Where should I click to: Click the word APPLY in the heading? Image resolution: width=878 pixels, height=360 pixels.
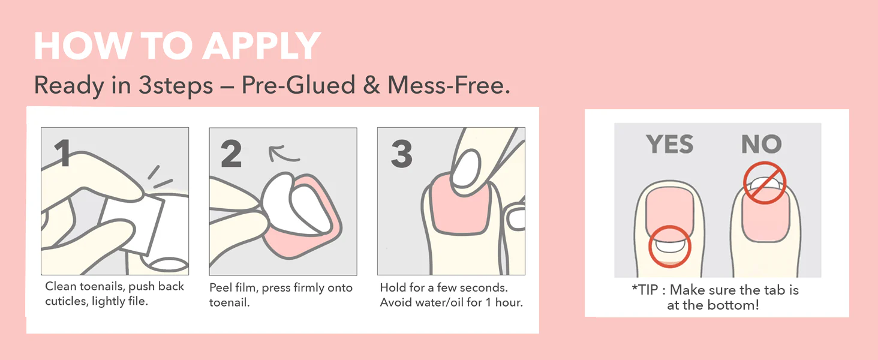click(262, 46)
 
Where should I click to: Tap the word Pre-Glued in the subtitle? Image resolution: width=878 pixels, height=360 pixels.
click(298, 85)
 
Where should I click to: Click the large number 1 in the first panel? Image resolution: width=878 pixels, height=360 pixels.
click(63, 153)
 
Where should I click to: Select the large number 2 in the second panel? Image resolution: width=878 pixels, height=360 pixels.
click(231, 154)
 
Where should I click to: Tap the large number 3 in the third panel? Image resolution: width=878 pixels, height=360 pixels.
click(402, 154)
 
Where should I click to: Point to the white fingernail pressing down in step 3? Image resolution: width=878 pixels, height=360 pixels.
click(466, 169)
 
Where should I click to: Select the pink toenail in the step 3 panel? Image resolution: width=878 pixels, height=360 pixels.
click(461, 206)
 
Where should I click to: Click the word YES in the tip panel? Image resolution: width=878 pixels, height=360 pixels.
click(669, 144)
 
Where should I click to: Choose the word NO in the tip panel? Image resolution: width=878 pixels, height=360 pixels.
click(762, 144)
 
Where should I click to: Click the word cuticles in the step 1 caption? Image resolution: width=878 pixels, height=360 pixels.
click(67, 301)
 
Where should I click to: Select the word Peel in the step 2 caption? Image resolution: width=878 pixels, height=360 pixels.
click(221, 287)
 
